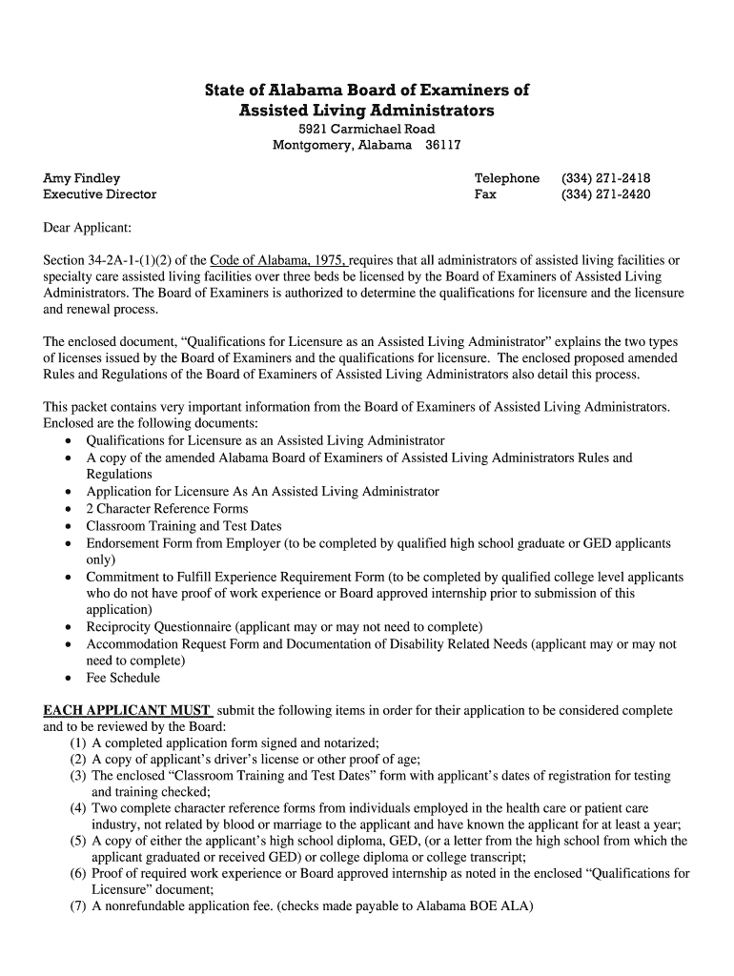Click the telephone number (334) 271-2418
[x=605, y=178]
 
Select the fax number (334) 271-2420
[x=605, y=194]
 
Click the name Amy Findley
[x=82, y=178]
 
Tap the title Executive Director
[x=100, y=194]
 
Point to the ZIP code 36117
[x=442, y=145]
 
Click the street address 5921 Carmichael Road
[x=367, y=129]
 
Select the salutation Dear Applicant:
[x=88, y=228]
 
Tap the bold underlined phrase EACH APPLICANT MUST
[x=128, y=711]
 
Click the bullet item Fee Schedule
[x=123, y=679]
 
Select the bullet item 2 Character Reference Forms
[x=167, y=509]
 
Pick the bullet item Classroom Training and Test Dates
[x=184, y=526]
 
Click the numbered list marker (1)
[x=78, y=743]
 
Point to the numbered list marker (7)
[x=78, y=906]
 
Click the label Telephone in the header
[x=507, y=178]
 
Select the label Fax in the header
[x=485, y=194]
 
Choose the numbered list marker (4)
[x=78, y=809]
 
